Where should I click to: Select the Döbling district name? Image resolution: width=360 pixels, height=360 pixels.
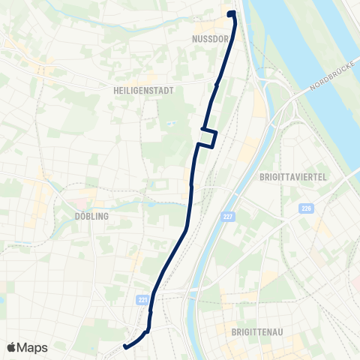click(x=92, y=216)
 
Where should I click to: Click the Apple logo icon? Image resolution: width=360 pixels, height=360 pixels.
click(x=12, y=347)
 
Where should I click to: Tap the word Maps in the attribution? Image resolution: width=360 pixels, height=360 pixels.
click(x=32, y=347)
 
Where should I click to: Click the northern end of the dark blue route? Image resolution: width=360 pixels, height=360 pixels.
click(x=231, y=13)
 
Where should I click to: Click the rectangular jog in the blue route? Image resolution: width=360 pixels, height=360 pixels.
click(x=208, y=138)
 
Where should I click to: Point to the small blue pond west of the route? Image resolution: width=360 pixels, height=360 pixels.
click(x=171, y=124)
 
